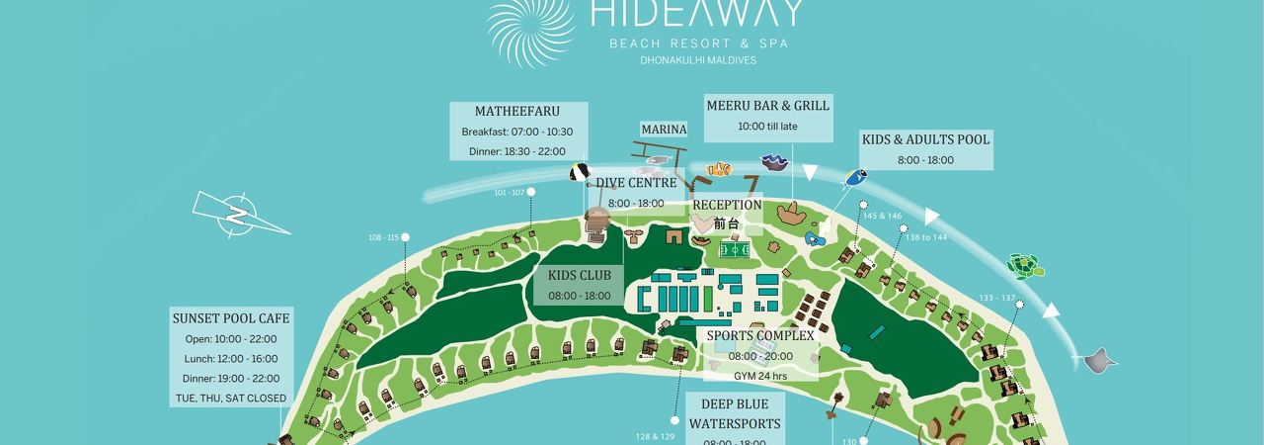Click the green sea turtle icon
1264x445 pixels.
pyautogui.click(x=1025, y=265)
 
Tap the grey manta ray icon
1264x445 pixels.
pyautogui.click(x=1101, y=360)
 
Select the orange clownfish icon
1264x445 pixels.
pyautogui.click(x=718, y=167)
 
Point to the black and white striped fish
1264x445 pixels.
pyautogui.click(x=579, y=173)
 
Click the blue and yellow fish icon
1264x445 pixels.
pyautogui.click(x=854, y=178)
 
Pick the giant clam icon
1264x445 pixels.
pyautogui.click(x=773, y=161)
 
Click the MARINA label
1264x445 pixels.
pyautogui.click(x=664, y=130)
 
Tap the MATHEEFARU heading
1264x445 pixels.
pyautogui.click(x=517, y=111)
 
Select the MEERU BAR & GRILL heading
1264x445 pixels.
pyautogui.click(x=767, y=105)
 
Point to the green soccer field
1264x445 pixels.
pyautogui.click(x=734, y=250)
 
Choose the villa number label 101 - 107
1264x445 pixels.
pyautogui.click(x=510, y=192)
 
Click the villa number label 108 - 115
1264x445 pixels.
pyautogui.click(x=382, y=237)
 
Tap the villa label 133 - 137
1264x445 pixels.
pyautogui.click(x=996, y=298)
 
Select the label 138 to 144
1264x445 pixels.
pyautogui.click(x=926, y=237)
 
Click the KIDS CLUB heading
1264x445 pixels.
pyautogui.click(x=581, y=275)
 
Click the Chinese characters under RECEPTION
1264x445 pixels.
pyautogui.click(x=726, y=223)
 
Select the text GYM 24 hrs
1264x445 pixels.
pyautogui.click(x=760, y=376)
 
